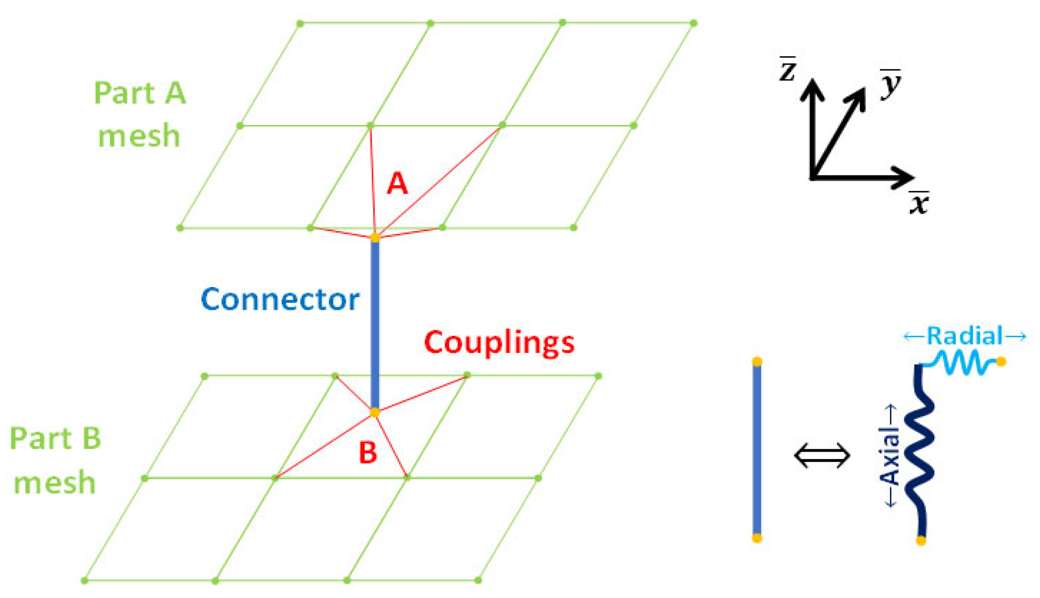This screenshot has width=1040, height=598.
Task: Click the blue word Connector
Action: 280,299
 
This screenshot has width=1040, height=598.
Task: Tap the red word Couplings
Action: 499,343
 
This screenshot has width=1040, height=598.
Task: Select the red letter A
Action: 397,183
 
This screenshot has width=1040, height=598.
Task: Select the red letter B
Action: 368,453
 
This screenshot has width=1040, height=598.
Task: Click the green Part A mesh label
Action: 140,114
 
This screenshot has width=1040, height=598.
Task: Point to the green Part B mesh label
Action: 55,460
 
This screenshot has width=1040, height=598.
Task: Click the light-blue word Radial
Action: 964,336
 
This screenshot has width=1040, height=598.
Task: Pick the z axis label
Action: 787,70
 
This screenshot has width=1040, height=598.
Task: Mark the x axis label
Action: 919,203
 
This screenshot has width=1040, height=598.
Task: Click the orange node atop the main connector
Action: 375,238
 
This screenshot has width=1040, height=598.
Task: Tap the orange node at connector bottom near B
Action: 375,412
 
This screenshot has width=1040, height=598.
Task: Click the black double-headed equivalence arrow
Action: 822,455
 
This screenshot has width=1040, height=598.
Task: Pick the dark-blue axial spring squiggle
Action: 920,449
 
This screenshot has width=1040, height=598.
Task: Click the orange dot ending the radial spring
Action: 1001,362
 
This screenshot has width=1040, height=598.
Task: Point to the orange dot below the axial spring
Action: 921,540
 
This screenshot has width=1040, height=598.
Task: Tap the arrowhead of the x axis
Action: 905,177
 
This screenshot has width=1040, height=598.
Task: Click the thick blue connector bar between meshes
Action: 375,325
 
